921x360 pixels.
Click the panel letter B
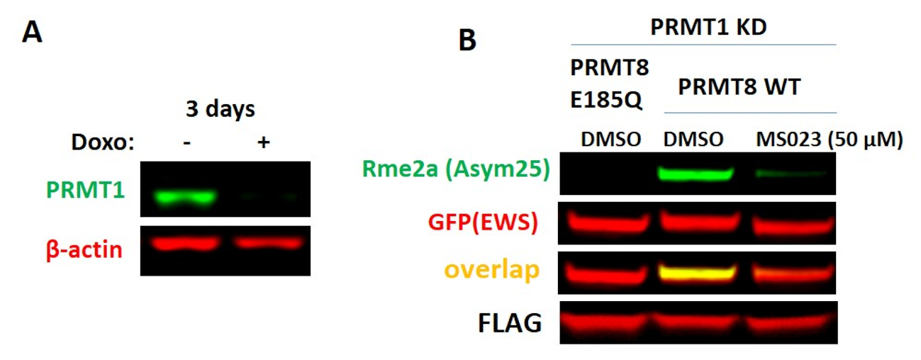click(467, 40)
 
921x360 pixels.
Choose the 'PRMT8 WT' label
click(739, 89)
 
